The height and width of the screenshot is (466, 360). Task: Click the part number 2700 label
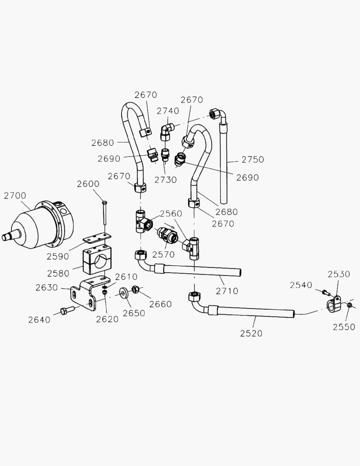point(15,195)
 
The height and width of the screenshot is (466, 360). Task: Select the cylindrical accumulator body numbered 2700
point(41,226)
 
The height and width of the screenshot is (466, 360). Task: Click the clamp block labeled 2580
point(98,259)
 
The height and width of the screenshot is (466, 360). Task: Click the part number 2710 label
point(227,291)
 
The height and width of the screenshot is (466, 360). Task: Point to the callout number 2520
point(251,334)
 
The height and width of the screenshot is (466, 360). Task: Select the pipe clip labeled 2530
point(332,302)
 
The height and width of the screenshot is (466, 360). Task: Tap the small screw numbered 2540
point(326,293)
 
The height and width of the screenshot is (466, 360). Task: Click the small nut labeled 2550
point(350,306)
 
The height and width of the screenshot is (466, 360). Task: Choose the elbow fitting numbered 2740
point(166,131)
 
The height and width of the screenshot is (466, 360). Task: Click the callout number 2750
point(253,159)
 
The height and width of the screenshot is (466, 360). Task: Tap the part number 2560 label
point(171,214)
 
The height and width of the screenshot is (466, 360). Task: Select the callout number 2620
point(107,320)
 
